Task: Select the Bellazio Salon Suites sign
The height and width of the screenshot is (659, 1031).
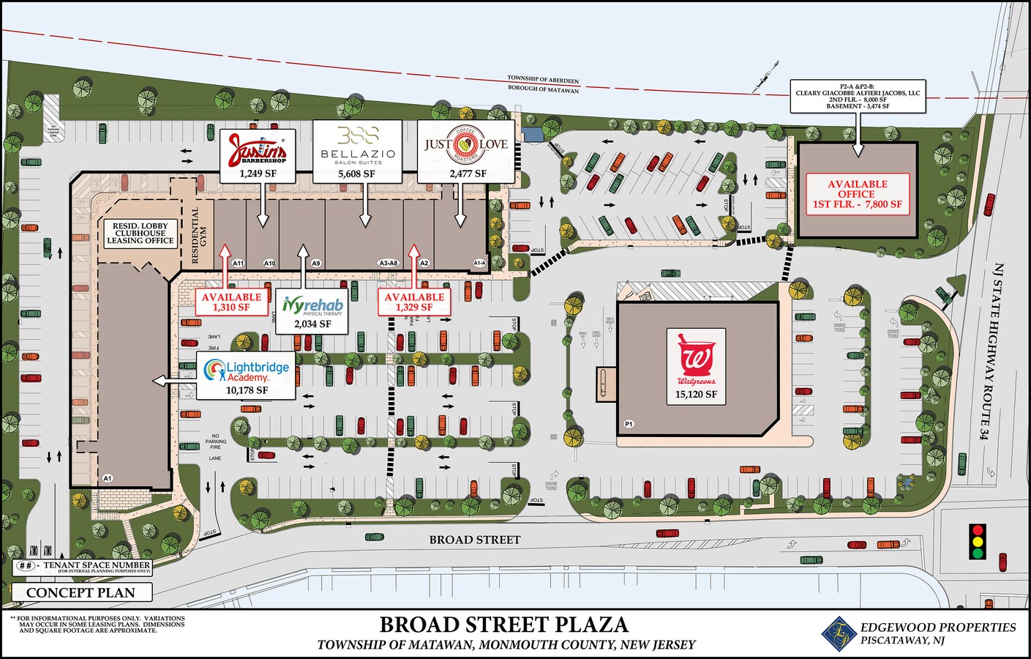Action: coord(358,144)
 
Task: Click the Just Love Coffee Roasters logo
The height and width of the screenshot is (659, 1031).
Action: coord(466,144)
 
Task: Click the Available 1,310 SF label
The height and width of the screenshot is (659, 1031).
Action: coord(231,302)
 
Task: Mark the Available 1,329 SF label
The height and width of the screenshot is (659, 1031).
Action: coord(414,302)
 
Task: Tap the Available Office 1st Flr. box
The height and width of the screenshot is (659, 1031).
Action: coord(857,195)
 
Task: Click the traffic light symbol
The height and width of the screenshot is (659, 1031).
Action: coord(977,541)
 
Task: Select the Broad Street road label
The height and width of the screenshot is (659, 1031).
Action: coord(475,540)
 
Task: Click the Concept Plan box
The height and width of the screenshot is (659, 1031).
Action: coord(82,592)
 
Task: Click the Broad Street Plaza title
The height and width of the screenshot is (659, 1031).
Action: coord(504,625)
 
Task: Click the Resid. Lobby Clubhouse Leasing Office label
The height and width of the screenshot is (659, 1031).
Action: coord(140,233)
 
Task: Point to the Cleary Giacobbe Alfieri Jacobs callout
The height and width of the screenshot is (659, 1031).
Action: coord(857,97)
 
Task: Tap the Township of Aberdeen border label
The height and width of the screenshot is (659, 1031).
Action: coord(543,78)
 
